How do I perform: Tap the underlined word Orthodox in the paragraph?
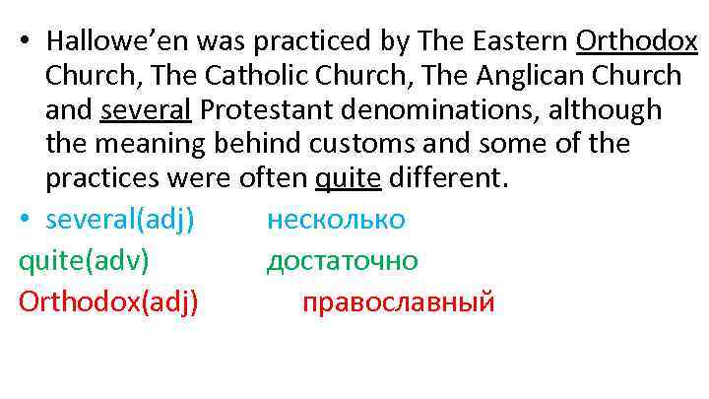(x=637, y=40)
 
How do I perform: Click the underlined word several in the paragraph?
(x=143, y=110)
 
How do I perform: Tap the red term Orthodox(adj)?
(x=108, y=301)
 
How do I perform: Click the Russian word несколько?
(x=336, y=219)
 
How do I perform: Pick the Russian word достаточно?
(x=342, y=260)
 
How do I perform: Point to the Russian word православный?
(x=398, y=301)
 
